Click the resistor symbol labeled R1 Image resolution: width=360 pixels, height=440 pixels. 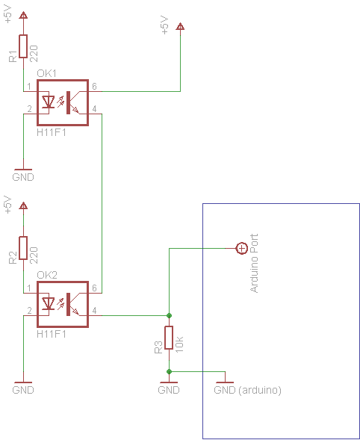23,46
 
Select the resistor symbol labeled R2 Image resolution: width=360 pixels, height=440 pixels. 23,248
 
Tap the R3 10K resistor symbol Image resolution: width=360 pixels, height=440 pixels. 169,338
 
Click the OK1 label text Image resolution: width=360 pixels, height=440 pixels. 46,73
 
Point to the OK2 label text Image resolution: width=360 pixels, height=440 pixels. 47,275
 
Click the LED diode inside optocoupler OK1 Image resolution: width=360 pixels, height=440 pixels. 49,102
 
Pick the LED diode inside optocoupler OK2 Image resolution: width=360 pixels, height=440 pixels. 49,304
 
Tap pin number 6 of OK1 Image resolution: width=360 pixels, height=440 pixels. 94,86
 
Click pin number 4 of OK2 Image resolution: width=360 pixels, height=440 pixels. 94,310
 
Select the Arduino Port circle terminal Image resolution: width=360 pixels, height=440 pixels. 241,248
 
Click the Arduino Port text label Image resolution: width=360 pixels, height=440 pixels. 254,263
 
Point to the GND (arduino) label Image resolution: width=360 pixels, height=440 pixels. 247,390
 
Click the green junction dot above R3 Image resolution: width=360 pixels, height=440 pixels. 169,316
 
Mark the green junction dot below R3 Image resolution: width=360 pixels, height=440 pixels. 169,372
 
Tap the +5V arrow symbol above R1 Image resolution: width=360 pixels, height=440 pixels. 23,15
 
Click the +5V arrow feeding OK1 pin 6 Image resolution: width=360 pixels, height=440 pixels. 180,26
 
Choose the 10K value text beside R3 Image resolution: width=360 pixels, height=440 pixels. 179,344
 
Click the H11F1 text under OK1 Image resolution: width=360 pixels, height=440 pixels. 52,132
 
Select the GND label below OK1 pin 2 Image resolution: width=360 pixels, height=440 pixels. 23,177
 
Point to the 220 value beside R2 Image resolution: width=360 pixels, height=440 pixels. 34,255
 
